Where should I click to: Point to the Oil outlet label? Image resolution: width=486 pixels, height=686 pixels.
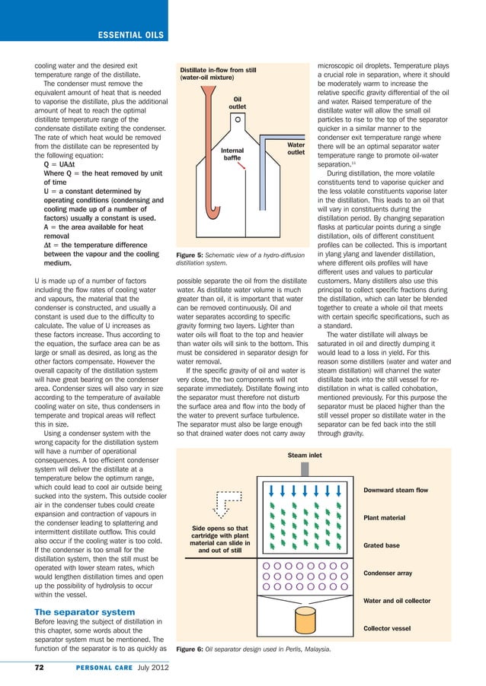click(x=237, y=103)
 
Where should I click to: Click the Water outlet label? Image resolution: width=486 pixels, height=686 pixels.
click(x=297, y=148)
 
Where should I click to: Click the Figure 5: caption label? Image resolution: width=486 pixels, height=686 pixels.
click(x=193, y=256)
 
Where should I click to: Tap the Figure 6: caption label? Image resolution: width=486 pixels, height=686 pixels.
click(x=193, y=649)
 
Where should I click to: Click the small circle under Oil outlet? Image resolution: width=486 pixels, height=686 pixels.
click(x=238, y=119)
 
